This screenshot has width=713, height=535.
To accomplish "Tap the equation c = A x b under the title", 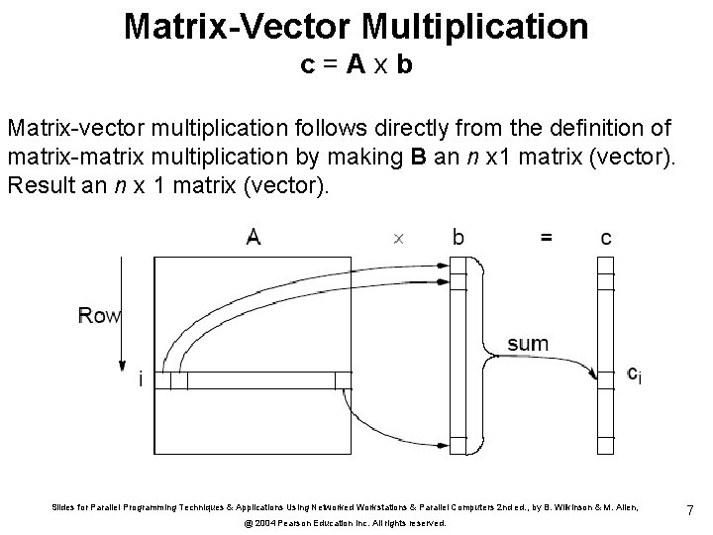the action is [356, 67].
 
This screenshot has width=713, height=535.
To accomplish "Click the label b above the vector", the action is [458, 237].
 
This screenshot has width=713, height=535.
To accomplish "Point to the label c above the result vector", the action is [606, 237].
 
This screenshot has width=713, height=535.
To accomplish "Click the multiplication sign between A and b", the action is [398, 238].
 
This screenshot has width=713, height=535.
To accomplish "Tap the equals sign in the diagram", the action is [546, 237].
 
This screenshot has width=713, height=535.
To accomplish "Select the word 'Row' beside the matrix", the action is [99, 316].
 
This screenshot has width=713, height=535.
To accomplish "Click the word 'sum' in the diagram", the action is [528, 344].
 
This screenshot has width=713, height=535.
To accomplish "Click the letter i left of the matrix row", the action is [142, 379].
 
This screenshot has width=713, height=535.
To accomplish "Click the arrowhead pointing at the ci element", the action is [593, 374].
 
